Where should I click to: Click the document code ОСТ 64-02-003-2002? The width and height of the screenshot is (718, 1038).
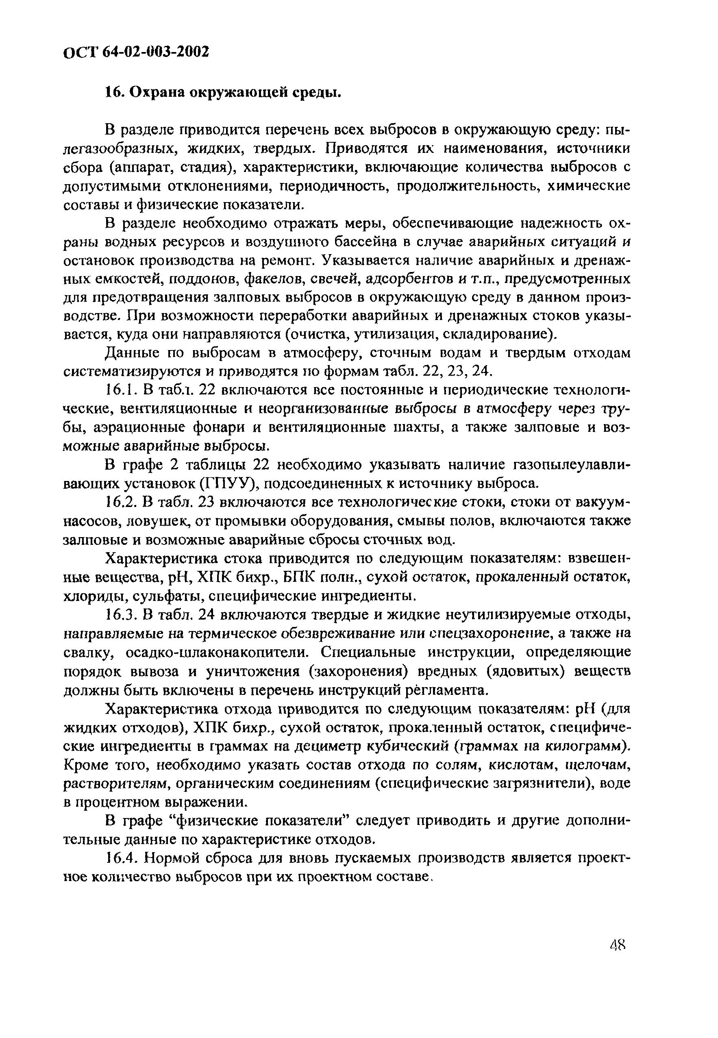(x=136, y=52)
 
